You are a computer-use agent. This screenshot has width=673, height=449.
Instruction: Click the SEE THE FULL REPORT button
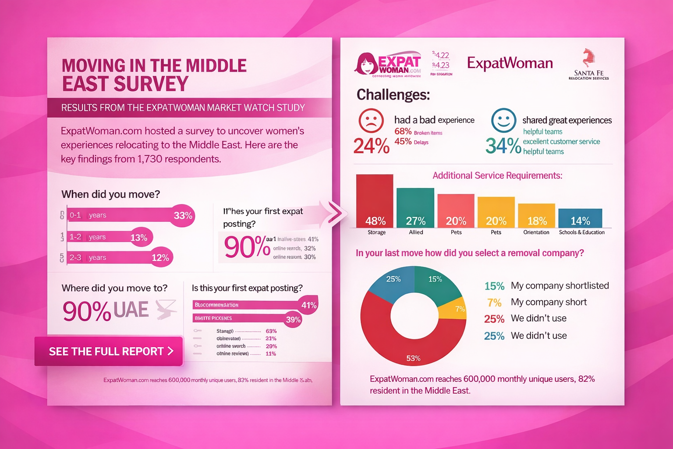[109, 351]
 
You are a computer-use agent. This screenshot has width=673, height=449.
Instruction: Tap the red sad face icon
[371, 121]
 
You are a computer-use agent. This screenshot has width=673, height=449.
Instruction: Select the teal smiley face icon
[503, 120]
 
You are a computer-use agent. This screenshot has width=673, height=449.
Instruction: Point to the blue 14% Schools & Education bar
[580, 218]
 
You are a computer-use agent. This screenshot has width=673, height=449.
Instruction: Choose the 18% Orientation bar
[536, 215]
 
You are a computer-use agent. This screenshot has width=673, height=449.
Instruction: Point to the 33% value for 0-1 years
[183, 215]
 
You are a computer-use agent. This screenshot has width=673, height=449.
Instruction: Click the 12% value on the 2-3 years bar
[160, 258]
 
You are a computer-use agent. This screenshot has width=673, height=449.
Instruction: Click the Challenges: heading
[393, 94]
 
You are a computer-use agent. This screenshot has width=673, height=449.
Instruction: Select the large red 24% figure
[371, 146]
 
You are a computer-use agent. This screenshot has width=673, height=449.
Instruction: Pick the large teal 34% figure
[503, 146]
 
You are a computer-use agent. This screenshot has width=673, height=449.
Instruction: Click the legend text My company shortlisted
[560, 286]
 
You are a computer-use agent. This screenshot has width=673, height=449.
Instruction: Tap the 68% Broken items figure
[403, 132]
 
